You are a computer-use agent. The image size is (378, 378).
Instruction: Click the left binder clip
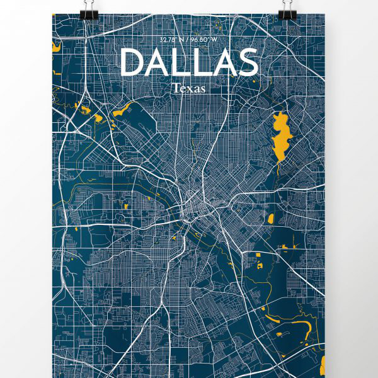pyautogui.click(x=89, y=11)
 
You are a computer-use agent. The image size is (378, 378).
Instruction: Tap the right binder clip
pyautogui.click(x=289, y=11)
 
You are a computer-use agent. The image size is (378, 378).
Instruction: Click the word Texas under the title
pyautogui.click(x=188, y=89)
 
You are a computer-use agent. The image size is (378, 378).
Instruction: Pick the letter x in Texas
pyautogui.click(x=188, y=89)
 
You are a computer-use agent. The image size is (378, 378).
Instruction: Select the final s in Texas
pyautogui.click(x=202, y=89)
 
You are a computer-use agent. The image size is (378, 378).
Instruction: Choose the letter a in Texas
pyautogui.click(x=195, y=89)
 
